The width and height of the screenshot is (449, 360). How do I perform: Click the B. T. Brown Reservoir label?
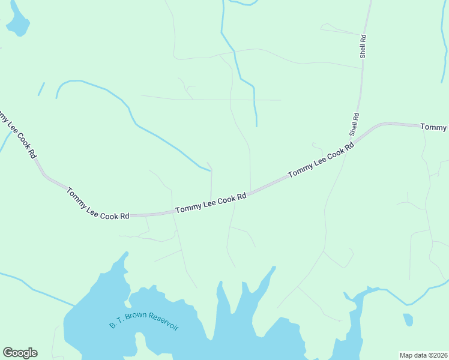144,321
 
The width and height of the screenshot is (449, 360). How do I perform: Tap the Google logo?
20,353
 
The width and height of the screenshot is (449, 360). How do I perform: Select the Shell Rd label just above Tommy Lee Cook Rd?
355,124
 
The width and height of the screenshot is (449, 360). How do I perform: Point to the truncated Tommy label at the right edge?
433,127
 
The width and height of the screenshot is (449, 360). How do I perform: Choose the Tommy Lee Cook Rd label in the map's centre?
211,203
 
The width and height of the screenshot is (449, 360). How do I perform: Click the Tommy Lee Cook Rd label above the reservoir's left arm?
98,204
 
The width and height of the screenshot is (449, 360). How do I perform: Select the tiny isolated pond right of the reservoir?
408,319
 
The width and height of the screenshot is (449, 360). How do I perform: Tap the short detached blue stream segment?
41,89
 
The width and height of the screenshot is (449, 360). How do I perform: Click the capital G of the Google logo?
8,353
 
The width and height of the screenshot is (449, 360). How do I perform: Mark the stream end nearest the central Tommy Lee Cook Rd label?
211,171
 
